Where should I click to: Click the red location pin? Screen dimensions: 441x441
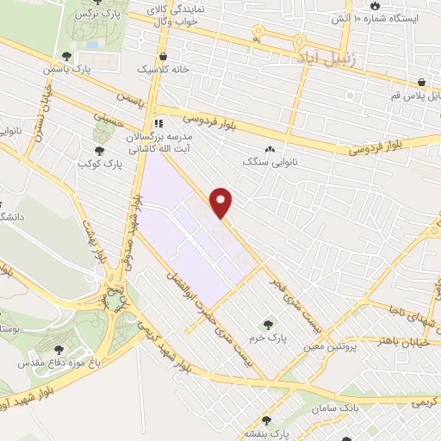(222, 202)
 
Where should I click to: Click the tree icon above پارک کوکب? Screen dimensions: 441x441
(97, 149)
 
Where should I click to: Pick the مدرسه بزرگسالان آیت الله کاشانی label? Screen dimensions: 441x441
(165, 143)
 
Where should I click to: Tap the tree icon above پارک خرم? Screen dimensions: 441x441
(269, 325)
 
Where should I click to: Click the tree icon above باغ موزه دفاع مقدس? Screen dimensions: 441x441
(59, 349)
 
